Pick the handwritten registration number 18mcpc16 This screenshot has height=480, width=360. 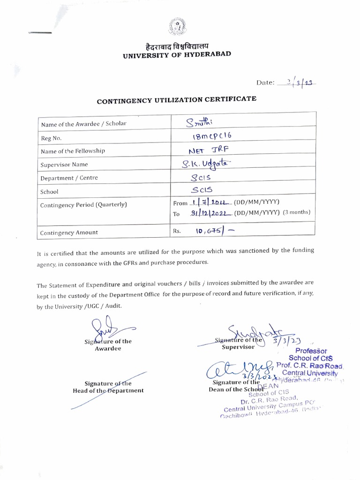[209, 137]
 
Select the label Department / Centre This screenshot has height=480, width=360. [68, 178]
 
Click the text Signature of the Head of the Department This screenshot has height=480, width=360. [108, 387]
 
